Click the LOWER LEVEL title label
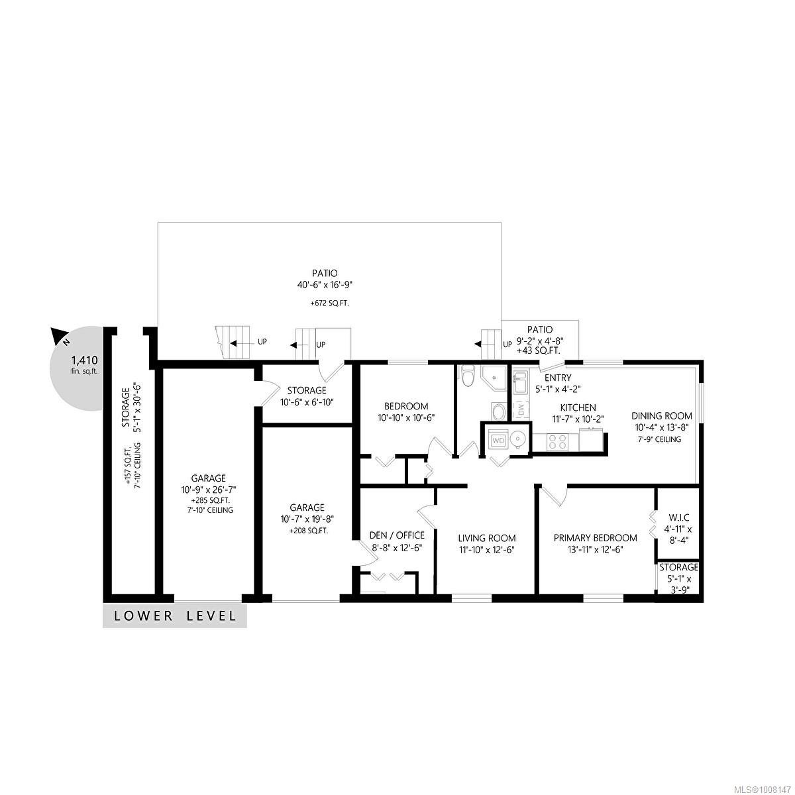coord(175,615)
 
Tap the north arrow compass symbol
coord(59,338)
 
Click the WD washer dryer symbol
coord(497,439)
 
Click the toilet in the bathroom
coord(469,378)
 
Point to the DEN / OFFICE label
coord(397,535)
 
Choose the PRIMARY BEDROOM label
coord(596,538)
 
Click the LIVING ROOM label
coord(487,538)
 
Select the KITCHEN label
coord(578,407)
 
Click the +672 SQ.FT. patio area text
coord(329,303)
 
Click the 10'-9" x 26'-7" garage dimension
coord(209,490)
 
